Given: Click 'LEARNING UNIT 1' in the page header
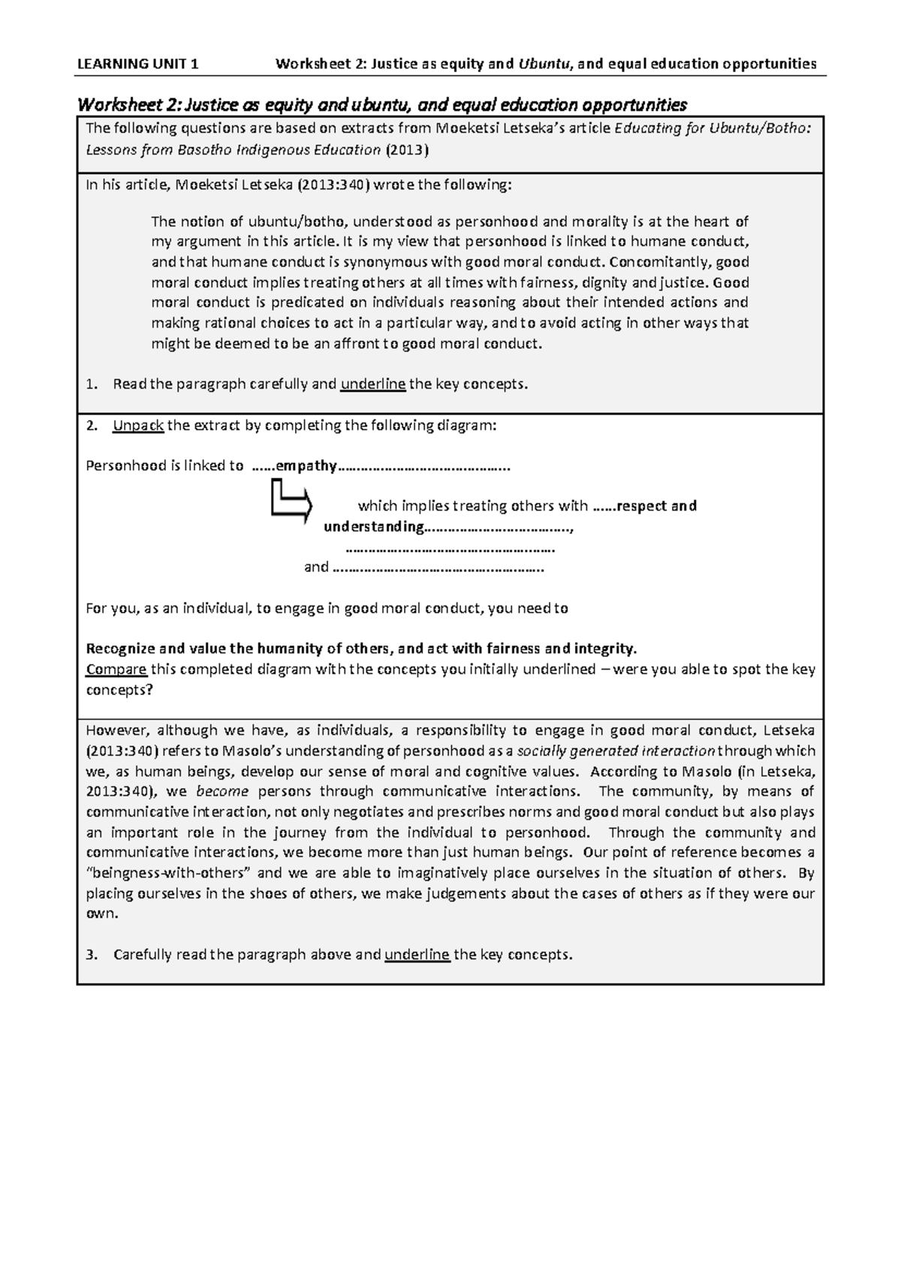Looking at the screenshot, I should click(138, 64).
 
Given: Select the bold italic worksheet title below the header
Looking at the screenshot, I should click(382, 104).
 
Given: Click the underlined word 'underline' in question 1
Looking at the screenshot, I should click(373, 384).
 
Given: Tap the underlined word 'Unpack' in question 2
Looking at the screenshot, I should click(138, 426).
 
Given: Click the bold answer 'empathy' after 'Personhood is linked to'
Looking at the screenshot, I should click(306, 465).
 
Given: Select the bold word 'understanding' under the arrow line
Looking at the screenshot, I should click(373, 526).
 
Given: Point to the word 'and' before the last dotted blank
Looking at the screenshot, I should click(315, 567).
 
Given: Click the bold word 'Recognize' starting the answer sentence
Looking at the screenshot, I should click(120, 649).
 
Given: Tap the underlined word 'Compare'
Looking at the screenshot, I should click(116, 669).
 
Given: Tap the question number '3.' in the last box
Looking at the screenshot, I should click(92, 955).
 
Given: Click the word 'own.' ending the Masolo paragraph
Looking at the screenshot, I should click(101, 914).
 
